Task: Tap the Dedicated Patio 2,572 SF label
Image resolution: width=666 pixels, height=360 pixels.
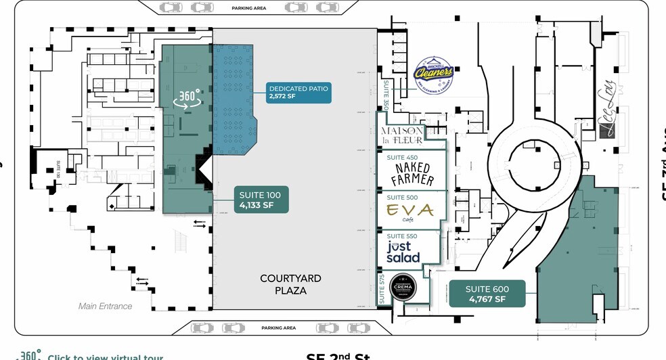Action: coord(298,93)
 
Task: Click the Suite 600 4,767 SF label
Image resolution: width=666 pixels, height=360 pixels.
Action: coord(487,294)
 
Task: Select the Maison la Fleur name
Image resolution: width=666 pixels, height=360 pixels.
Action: coord(403,135)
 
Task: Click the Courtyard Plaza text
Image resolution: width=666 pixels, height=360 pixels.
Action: coord(290,284)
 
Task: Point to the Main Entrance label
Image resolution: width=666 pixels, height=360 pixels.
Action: coord(106,307)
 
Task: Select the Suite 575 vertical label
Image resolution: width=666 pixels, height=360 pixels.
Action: coord(382,288)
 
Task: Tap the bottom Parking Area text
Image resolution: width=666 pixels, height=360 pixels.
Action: coord(279,328)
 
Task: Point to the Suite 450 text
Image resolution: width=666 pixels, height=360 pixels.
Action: coord(402,158)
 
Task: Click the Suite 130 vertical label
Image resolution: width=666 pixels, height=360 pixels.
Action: coord(59,168)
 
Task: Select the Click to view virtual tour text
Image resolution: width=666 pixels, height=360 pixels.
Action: coord(105,357)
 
